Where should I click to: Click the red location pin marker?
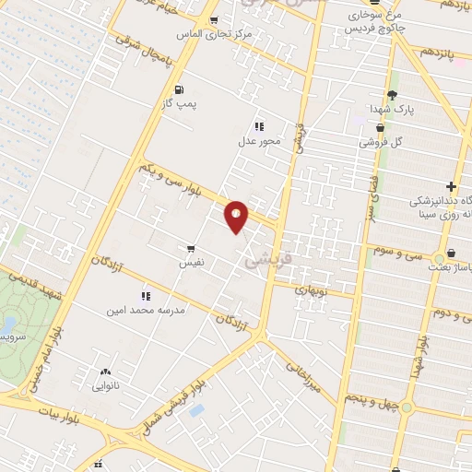click(x=237, y=218)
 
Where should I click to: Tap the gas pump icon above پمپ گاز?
click(x=177, y=90)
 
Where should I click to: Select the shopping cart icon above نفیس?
click(x=191, y=248)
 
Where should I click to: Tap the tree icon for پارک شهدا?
click(x=392, y=94)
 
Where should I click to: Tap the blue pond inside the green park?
click(x=8, y=324)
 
